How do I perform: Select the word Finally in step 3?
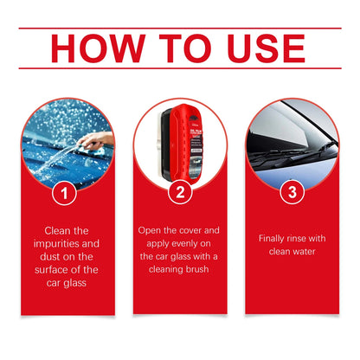(x=273, y=238)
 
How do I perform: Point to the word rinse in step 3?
(x=303, y=238)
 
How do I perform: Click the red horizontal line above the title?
(x=180, y=28)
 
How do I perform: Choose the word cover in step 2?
(x=195, y=231)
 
